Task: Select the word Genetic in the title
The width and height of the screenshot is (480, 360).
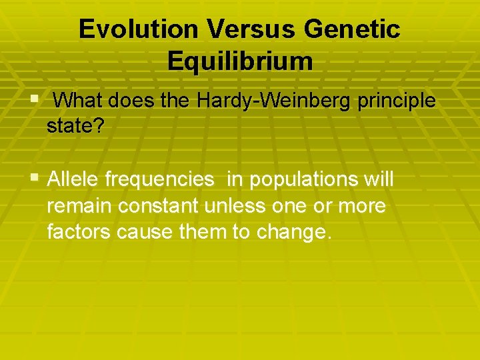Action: [351, 29]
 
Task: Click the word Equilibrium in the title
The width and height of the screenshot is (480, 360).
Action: [240, 61]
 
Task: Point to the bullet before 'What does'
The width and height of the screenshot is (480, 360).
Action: [35, 99]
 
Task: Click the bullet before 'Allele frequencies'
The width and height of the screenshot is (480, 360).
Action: [35, 178]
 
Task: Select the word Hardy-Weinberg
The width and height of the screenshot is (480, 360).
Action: [275, 101]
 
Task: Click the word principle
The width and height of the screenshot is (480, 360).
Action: [397, 101]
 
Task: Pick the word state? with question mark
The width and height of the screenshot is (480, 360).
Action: [75, 126]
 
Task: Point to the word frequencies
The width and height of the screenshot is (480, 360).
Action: [159, 179]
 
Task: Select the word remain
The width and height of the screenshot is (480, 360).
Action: [80, 206]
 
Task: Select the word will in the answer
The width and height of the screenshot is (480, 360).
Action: [377, 179]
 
